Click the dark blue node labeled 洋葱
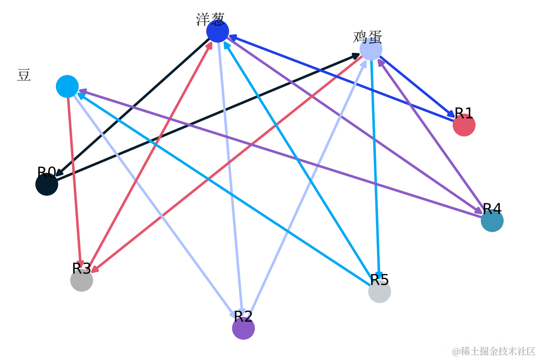click(217, 31)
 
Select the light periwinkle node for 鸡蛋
click(371, 49)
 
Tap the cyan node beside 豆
click(67, 86)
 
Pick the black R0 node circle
click(47, 184)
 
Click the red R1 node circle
click(464, 125)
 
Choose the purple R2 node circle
click(243, 328)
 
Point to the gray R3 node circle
click(82, 280)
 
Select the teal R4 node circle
click(492, 220)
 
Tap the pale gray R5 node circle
click(380, 291)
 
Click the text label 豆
click(24, 75)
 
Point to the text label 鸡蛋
click(368, 37)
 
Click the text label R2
click(243, 316)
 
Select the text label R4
click(492, 208)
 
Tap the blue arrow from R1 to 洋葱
click(340, 78)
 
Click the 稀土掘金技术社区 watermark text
click(494, 351)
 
